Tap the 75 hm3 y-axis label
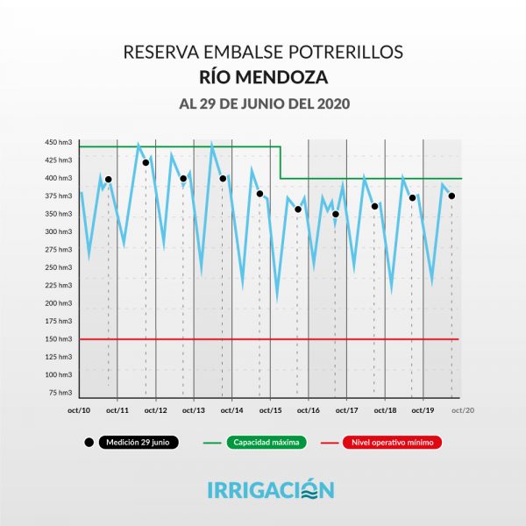[61, 393]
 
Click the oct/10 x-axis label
[80, 410]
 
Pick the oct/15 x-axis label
[271, 410]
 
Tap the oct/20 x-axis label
[462, 410]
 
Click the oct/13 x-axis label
[195, 410]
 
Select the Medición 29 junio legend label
[139, 443]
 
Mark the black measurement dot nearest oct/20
[451, 195]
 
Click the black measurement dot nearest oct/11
[108, 180]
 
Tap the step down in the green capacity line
[281, 162]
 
